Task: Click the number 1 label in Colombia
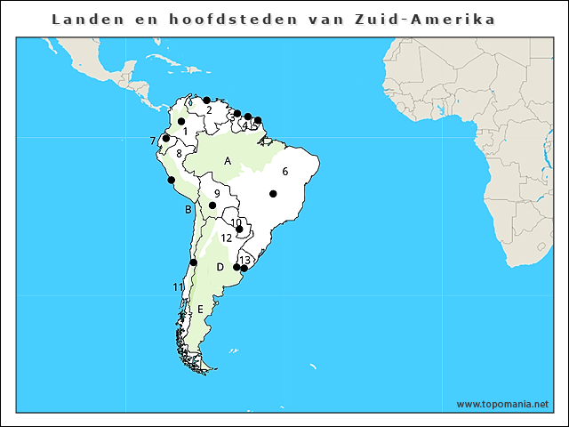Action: pos(185,132)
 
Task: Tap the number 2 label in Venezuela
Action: pos(208,110)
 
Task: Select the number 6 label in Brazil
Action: pos(285,171)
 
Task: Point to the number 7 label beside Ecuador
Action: pos(153,141)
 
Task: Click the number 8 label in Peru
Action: pos(180,153)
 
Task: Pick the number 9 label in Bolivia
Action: pos(217,193)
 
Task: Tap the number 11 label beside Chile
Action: pos(178,286)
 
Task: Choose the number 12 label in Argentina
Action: pos(227,238)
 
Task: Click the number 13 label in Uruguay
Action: pos(244,260)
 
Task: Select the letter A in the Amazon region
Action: pos(228,161)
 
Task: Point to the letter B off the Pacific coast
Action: pos(188,210)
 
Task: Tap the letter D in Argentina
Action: pos(220,267)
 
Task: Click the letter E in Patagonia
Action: pos(201,309)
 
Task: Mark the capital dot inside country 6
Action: pos(273,193)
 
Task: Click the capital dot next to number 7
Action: pos(165,138)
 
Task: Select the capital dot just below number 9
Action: pos(212,205)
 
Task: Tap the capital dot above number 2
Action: pos(206,100)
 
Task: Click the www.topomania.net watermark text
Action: pos(502,404)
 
